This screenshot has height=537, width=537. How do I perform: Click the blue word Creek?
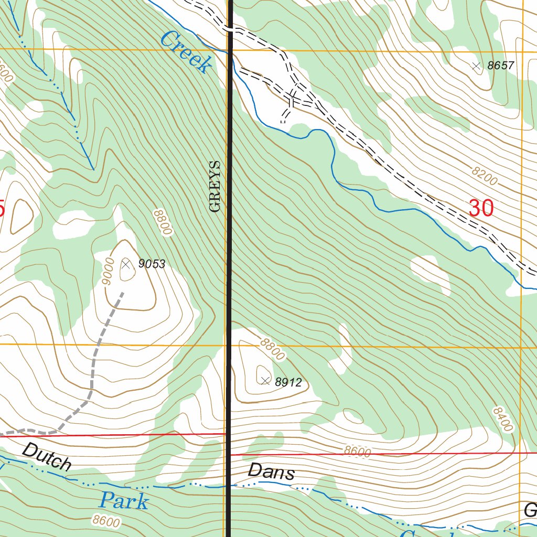[x=187, y=52]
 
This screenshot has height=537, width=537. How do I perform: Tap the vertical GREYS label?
[x=215, y=186]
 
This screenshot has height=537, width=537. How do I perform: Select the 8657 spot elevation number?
[x=501, y=66]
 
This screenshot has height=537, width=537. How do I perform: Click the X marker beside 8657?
[x=476, y=66]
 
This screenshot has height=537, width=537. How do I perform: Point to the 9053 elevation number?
[x=152, y=264]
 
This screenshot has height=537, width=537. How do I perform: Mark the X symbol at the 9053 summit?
[x=126, y=264]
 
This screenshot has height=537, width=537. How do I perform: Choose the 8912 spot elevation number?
[x=288, y=382]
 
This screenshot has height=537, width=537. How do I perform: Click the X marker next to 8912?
[x=265, y=381]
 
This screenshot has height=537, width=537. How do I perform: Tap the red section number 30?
[x=481, y=208]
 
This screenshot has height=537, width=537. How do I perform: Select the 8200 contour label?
[x=484, y=177]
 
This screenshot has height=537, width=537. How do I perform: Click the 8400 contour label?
[x=502, y=418]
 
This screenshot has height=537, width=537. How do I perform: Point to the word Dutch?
[x=47, y=456]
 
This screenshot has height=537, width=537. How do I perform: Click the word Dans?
[x=271, y=472]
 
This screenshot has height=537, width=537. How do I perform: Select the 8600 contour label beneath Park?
[x=105, y=521]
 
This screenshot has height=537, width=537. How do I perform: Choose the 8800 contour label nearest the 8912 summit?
[x=272, y=349]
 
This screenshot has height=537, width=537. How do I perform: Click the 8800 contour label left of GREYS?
[x=163, y=222]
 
